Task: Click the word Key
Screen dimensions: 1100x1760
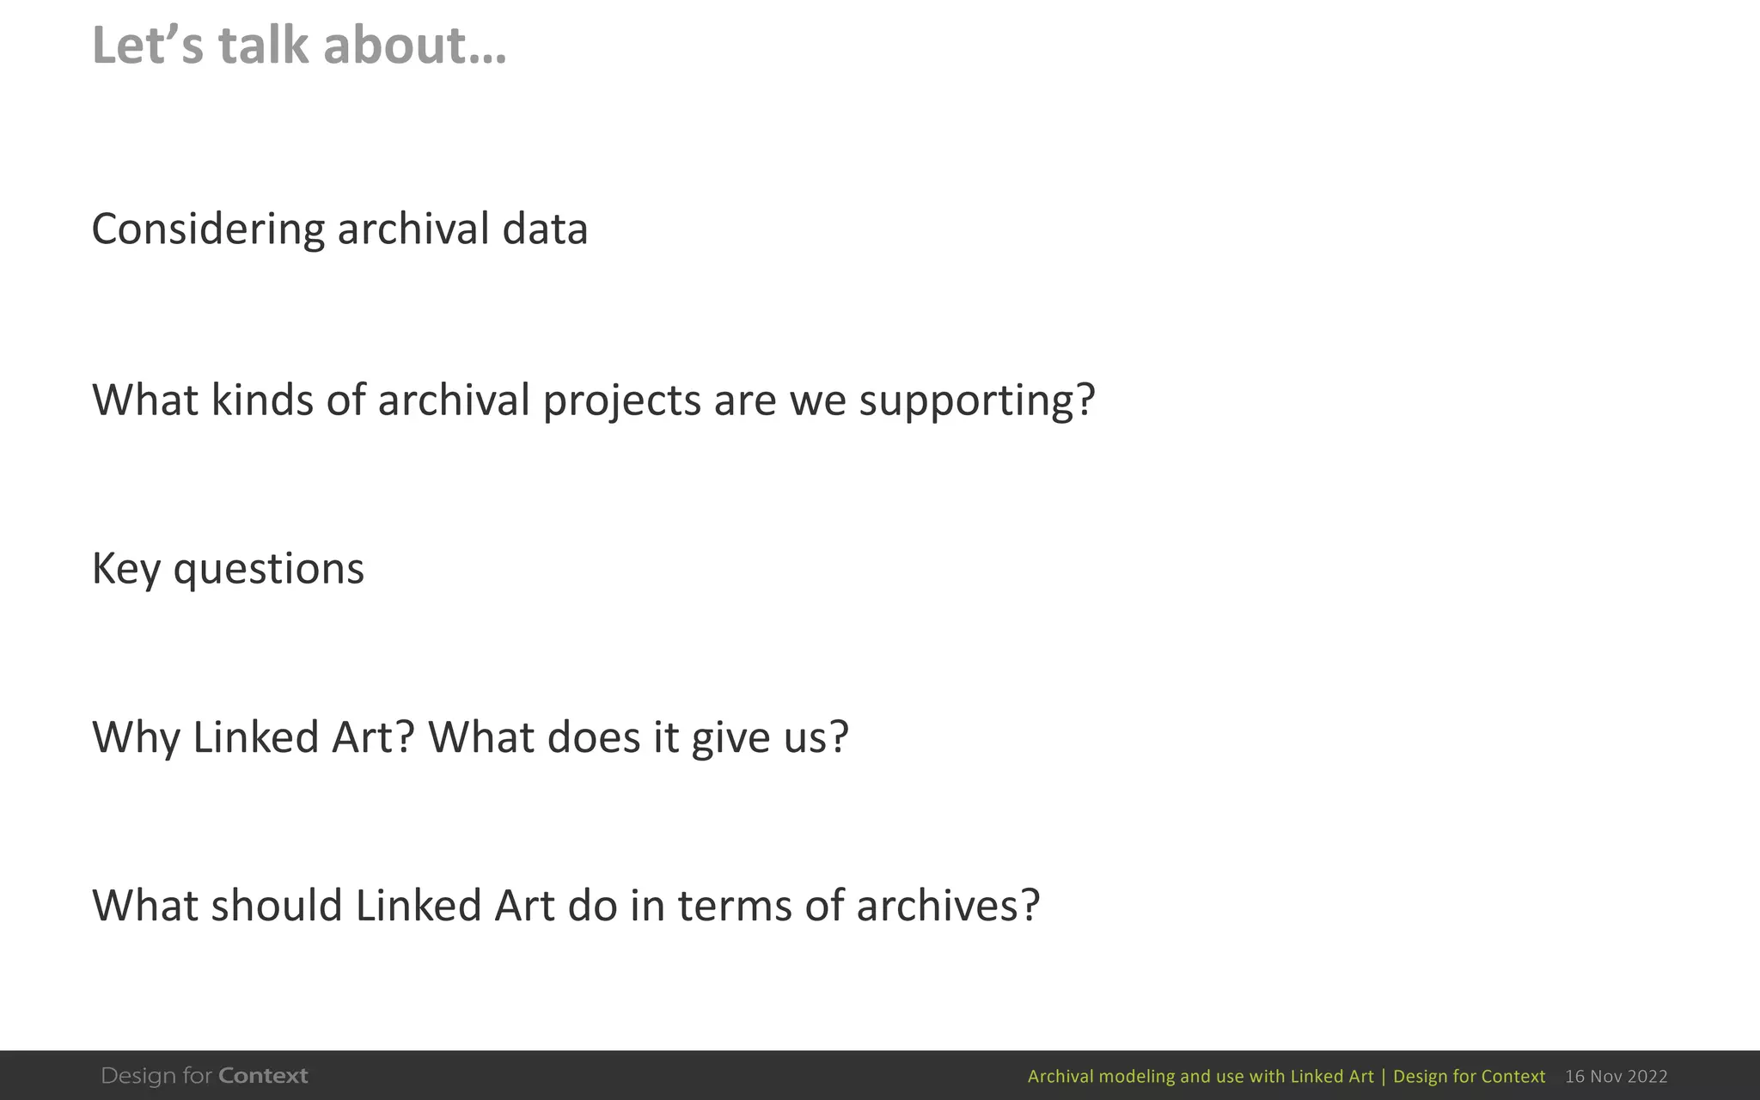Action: point(125,570)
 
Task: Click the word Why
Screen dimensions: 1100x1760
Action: point(136,738)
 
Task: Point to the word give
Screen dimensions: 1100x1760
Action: point(730,738)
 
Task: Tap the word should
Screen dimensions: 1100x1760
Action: point(277,906)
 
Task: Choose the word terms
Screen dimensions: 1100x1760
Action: point(735,906)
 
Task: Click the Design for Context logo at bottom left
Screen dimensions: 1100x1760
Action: point(205,1076)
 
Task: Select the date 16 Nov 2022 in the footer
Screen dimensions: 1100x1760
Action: point(1616,1077)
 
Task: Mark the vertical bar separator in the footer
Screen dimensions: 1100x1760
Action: point(1383,1077)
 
